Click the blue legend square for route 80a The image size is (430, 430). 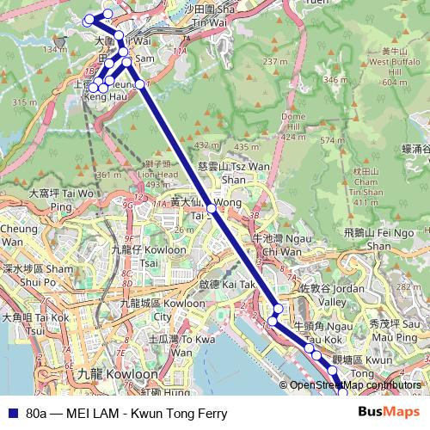(11, 414)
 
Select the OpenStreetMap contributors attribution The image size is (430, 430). (352, 385)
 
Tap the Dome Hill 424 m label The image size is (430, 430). (293, 126)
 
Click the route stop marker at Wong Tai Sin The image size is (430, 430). (212, 209)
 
